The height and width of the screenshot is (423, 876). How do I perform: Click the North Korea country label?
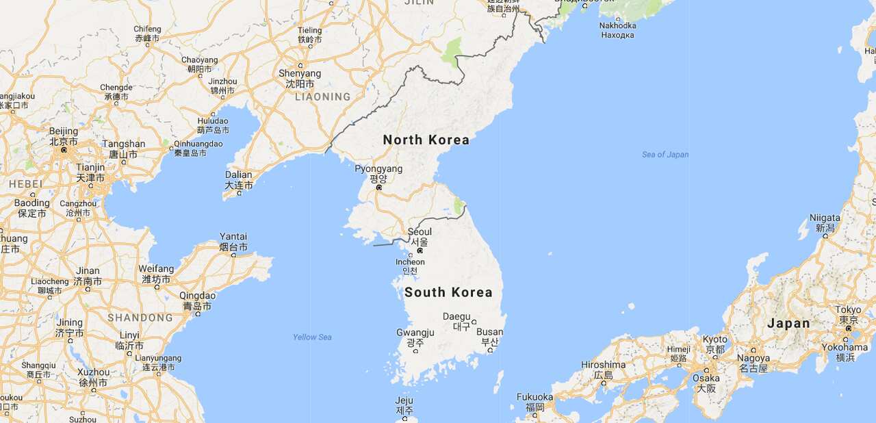click(x=426, y=140)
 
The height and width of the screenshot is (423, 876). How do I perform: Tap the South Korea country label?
click(x=448, y=292)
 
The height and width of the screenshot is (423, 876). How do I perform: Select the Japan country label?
click(x=788, y=323)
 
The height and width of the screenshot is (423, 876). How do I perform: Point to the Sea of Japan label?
click(x=665, y=155)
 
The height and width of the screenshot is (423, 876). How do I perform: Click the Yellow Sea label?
click(x=312, y=337)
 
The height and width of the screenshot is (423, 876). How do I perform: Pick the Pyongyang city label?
click(x=378, y=169)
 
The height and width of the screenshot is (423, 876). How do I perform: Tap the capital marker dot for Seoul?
click(x=420, y=251)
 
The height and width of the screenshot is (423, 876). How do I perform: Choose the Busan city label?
click(x=489, y=333)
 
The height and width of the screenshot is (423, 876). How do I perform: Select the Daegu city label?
click(x=456, y=316)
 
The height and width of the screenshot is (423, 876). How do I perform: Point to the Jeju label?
click(x=404, y=400)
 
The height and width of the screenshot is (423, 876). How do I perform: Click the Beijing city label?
click(x=64, y=131)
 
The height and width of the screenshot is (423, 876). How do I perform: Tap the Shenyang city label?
click(x=300, y=74)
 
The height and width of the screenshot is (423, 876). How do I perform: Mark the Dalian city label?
click(x=238, y=175)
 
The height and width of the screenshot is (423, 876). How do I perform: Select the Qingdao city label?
click(x=197, y=296)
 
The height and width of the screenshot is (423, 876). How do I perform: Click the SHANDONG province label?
click(x=140, y=318)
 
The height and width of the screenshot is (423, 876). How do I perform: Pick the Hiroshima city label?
click(x=603, y=365)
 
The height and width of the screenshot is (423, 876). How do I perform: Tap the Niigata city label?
click(x=825, y=218)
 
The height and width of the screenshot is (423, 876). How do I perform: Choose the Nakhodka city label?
click(x=617, y=26)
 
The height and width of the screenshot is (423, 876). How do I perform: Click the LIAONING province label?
click(x=322, y=97)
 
